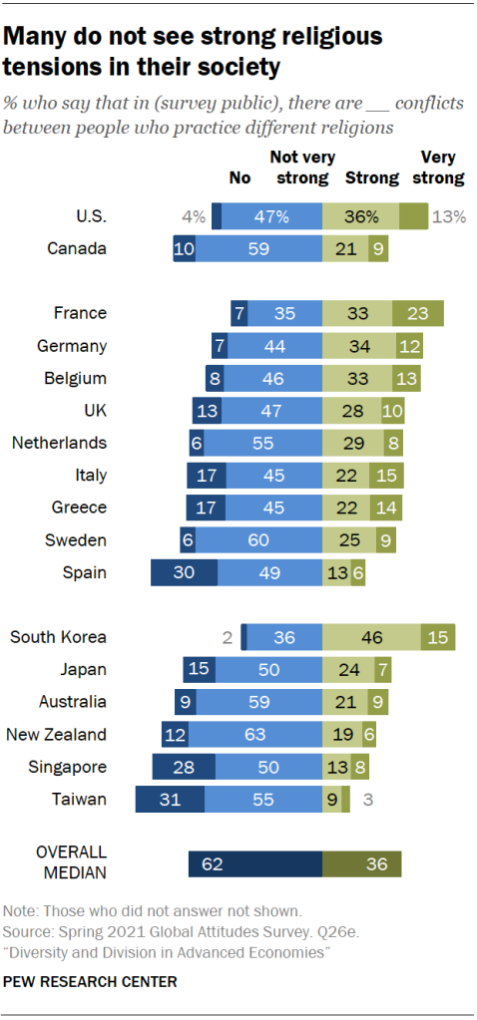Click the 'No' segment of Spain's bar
click(x=184, y=573)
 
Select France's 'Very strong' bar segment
click(x=418, y=313)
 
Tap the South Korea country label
click(x=58, y=637)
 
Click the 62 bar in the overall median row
click(x=255, y=864)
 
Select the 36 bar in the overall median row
click(x=362, y=864)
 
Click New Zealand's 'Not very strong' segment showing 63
click(x=255, y=735)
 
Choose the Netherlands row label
click(x=59, y=443)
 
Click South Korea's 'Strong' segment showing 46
click(x=372, y=637)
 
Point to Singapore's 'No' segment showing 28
click(x=184, y=768)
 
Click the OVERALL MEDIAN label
click(x=72, y=864)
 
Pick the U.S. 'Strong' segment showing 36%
click(x=360, y=215)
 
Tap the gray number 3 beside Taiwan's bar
click(x=368, y=800)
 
